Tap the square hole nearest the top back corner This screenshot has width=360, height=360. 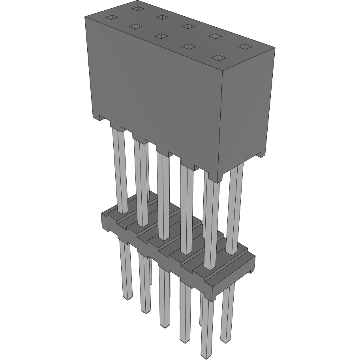click(x=137, y=8)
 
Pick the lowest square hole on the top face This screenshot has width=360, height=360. click(x=217, y=58)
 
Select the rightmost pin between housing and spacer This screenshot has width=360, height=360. click(x=235, y=209)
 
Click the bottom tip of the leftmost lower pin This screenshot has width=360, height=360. click(x=127, y=298)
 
